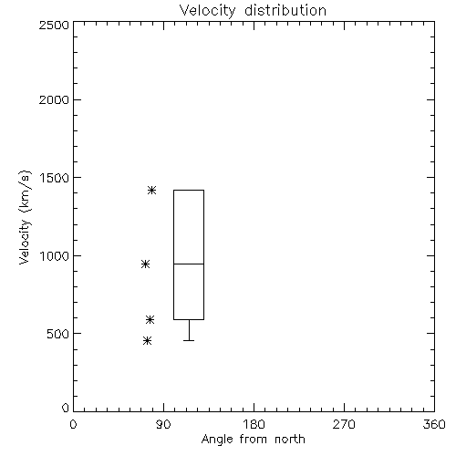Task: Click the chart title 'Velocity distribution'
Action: point(253,10)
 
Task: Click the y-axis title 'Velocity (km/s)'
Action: point(25,217)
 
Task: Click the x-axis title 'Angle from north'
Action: point(253,440)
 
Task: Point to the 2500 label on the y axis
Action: point(54,25)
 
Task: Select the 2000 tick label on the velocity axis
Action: point(54,99)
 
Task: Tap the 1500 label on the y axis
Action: point(55,178)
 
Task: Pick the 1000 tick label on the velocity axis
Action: point(55,256)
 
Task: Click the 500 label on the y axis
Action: point(58,334)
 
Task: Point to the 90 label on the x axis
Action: point(163,424)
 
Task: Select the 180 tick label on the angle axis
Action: point(254,424)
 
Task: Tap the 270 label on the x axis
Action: point(344,424)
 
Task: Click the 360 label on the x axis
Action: point(434,424)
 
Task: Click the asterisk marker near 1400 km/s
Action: point(152,191)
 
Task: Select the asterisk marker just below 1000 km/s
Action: point(145,264)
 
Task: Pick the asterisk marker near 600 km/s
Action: point(150,319)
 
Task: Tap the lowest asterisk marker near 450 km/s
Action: point(147,340)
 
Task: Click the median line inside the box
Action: point(189,264)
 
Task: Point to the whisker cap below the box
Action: point(189,340)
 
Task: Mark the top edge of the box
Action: point(189,190)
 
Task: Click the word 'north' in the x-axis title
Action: point(290,440)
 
